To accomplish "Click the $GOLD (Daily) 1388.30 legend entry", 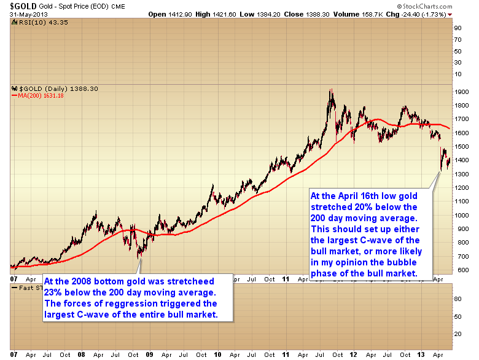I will pos(52,88).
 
